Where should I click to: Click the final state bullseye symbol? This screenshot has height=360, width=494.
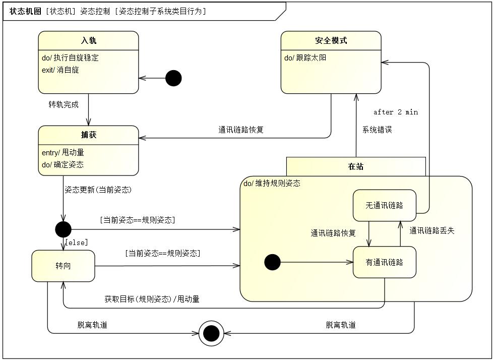[x=211, y=333]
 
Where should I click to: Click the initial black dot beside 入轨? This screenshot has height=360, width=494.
[x=173, y=78]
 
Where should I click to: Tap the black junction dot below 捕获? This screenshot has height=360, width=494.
[x=63, y=229]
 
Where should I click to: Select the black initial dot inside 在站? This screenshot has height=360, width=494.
[x=272, y=262]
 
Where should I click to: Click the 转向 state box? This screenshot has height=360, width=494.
[x=63, y=266]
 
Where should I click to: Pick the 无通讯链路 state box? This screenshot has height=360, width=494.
[x=384, y=205]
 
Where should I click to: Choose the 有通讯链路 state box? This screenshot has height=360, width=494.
[x=384, y=262]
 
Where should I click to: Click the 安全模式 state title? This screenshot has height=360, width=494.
[x=331, y=40]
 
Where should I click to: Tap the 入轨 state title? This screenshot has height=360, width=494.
[x=89, y=40]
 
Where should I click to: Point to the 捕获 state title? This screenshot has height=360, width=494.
[x=89, y=135]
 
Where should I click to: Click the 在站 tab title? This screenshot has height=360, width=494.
[x=356, y=166]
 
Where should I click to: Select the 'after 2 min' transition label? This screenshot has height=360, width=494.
[x=396, y=112]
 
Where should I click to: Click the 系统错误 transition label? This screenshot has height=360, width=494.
[x=377, y=130]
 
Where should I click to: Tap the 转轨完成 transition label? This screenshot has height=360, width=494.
[x=64, y=104]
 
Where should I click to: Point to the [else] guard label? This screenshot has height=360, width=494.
[x=77, y=243]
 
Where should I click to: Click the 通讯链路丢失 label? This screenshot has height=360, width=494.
[x=431, y=230]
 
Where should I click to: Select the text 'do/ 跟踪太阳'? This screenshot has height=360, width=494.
[x=305, y=57]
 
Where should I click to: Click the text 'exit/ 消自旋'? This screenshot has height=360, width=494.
[x=60, y=70]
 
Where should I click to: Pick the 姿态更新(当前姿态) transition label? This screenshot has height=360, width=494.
[x=98, y=190]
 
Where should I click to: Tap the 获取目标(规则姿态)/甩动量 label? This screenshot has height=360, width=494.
[x=152, y=299]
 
